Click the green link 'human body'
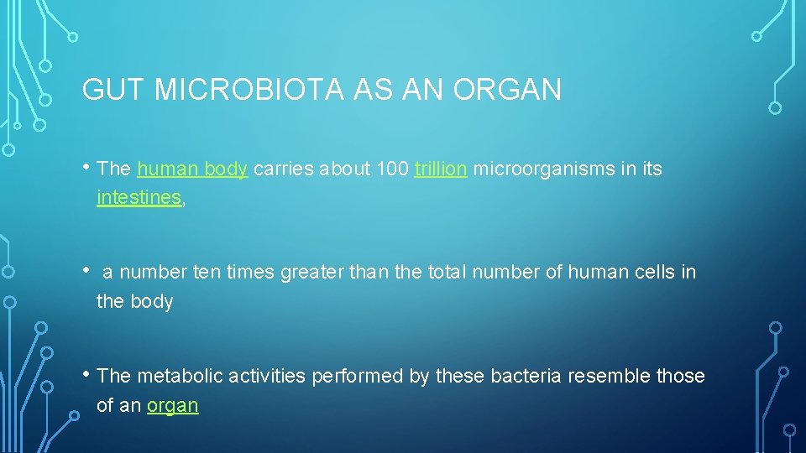tap(192, 169)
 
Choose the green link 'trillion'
tap(441, 169)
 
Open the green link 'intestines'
tap(139, 198)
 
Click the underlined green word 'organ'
tap(173, 405)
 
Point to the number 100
tap(393, 169)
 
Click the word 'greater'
tap(313, 273)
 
